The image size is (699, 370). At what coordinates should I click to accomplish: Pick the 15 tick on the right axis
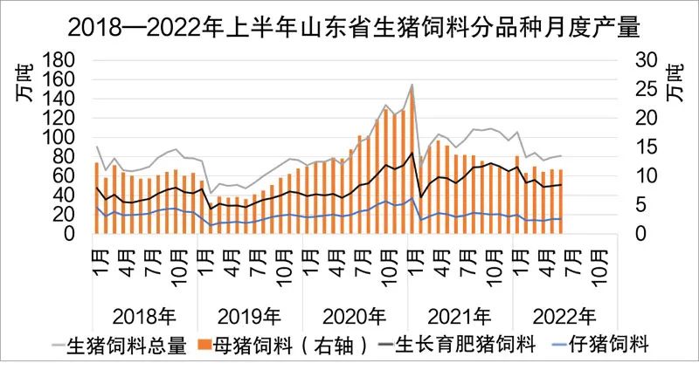(x=644, y=147)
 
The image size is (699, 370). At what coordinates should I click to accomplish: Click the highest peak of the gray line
(x=412, y=85)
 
